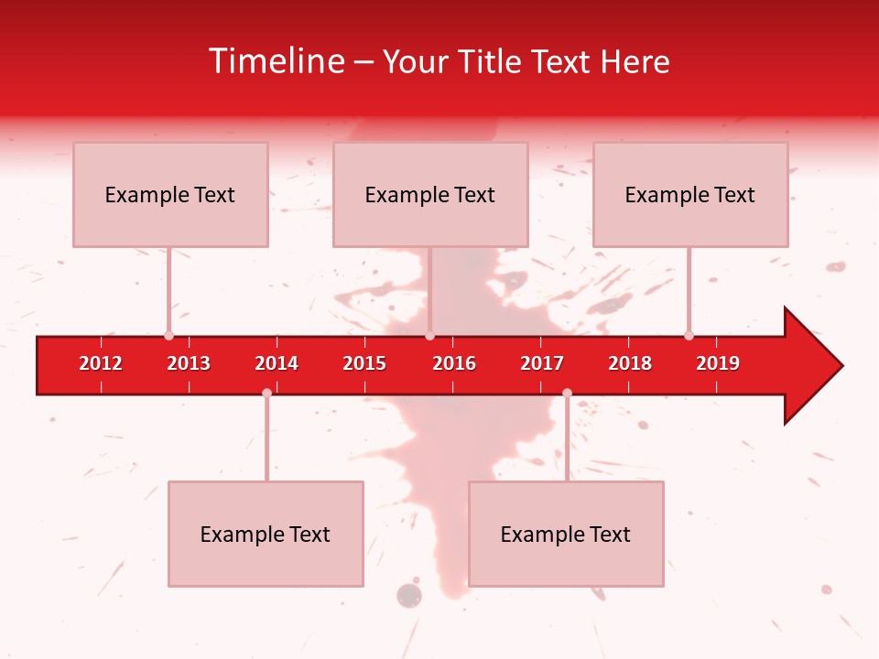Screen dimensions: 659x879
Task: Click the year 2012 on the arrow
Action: coord(101,363)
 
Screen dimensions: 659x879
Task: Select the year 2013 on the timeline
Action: coord(189,363)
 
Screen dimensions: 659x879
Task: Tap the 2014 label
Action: coord(277,363)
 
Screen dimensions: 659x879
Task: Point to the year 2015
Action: coord(364,363)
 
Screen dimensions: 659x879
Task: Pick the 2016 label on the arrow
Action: coord(454,363)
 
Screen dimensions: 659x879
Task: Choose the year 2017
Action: coord(542,363)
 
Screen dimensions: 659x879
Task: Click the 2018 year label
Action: coord(630,363)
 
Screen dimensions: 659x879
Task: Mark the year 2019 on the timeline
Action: coord(718,363)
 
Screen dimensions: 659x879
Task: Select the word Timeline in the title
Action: coord(276,61)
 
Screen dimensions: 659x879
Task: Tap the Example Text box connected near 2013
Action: coord(170,194)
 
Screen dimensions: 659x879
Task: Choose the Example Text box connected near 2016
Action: coord(430,194)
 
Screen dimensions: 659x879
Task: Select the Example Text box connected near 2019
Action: coord(690,194)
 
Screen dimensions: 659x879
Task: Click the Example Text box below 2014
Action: coord(266,534)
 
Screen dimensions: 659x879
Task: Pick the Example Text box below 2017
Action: coord(566,534)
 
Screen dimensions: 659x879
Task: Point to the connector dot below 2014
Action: coord(266,393)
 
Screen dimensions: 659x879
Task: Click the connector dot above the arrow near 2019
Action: coord(689,335)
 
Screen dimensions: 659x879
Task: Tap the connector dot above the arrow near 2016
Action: coord(429,335)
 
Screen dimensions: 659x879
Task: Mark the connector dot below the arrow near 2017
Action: coord(567,393)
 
